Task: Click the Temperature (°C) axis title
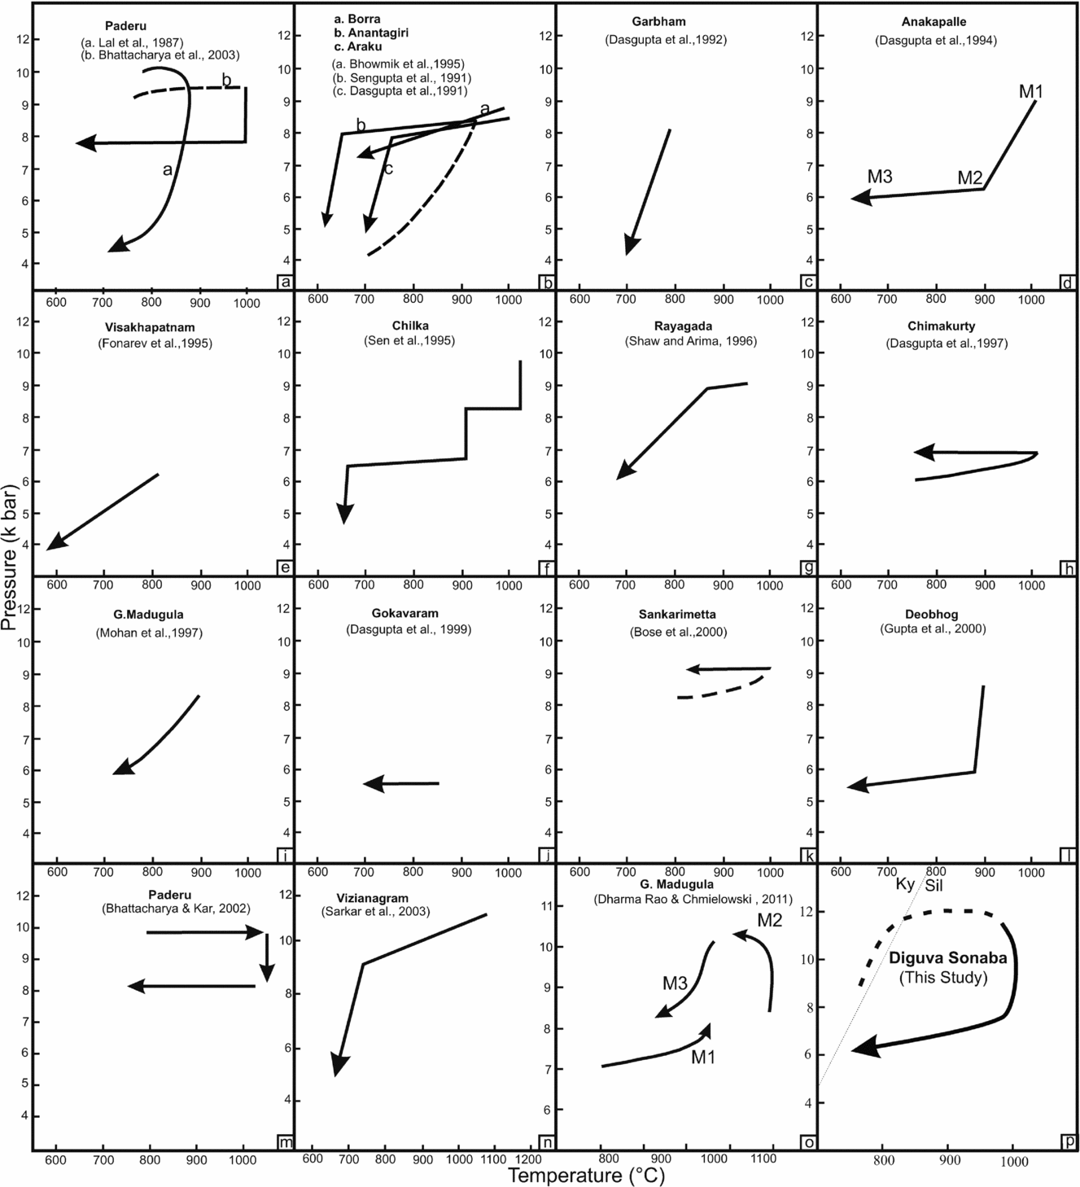click(586, 1175)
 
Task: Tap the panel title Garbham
click(658, 22)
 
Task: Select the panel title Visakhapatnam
click(149, 326)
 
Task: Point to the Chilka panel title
click(409, 326)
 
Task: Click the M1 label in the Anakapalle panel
click(1031, 92)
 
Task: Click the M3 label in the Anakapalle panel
click(880, 177)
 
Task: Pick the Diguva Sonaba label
click(947, 958)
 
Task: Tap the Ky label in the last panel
click(905, 885)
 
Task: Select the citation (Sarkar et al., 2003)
click(375, 912)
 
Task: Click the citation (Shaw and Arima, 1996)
click(691, 341)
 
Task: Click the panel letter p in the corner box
click(1069, 1142)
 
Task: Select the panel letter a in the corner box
click(285, 283)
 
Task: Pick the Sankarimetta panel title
click(677, 615)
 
